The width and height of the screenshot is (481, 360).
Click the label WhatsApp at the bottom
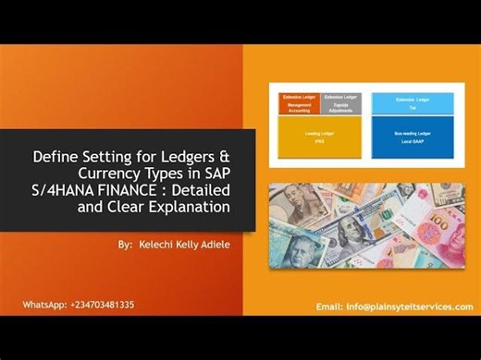tap(45, 305)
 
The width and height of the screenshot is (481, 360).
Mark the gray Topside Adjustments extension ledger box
tap(341, 104)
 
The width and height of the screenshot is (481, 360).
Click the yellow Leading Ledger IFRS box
tap(321, 141)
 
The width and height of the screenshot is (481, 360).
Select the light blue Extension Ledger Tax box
tap(412, 102)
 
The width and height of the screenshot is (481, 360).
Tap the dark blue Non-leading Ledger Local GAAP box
tap(412, 141)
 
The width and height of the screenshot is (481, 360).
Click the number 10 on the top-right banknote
tap(435, 197)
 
